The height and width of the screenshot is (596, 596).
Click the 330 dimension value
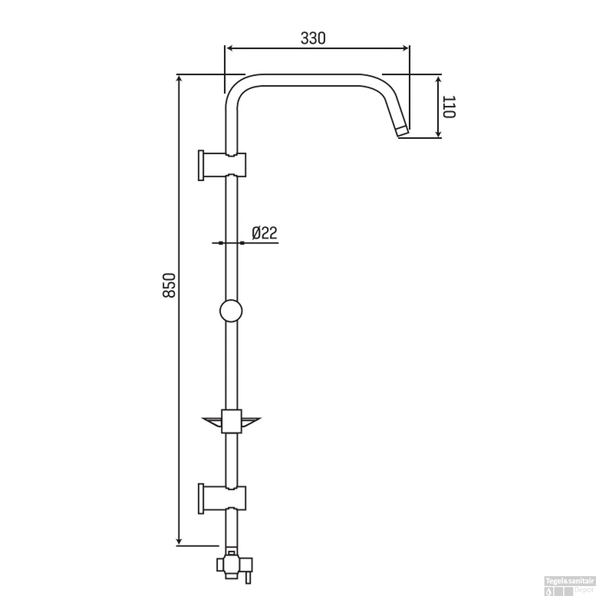coord(313,38)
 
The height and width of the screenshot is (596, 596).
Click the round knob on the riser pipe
coord(230,311)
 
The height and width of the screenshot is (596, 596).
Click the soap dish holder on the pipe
coord(232,421)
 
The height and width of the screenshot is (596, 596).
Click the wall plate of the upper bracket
coord(201,165)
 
